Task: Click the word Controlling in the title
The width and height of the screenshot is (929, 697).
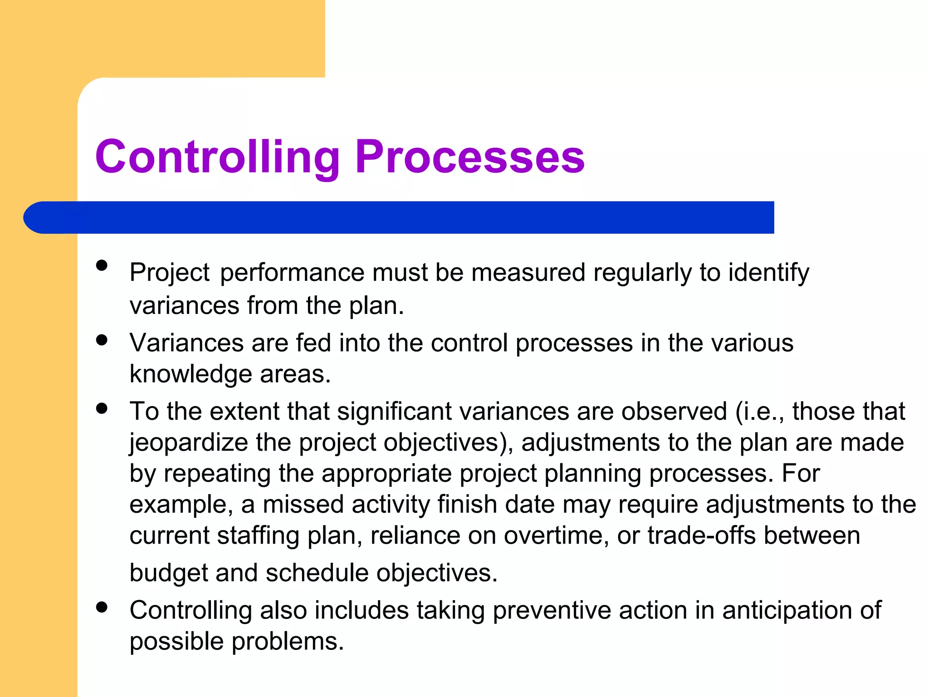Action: [x=217, y=157]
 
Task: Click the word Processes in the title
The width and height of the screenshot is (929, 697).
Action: [x=469, y=157]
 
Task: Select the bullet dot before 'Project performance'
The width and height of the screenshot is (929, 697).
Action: [x=102, y=265]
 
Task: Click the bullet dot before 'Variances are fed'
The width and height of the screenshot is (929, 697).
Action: [x=102, y=340]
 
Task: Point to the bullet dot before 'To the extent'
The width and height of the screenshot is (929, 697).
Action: [x=102, y=408]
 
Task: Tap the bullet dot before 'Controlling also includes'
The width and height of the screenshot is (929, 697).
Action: [x=102, y=607]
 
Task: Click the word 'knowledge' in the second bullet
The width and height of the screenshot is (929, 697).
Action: [x=191, y=374]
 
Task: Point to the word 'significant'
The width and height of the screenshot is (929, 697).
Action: [x=394, y=411]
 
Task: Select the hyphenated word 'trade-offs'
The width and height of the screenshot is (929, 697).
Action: [x=701, y=535]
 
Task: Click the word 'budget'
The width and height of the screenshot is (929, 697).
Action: [x=168, y=573]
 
